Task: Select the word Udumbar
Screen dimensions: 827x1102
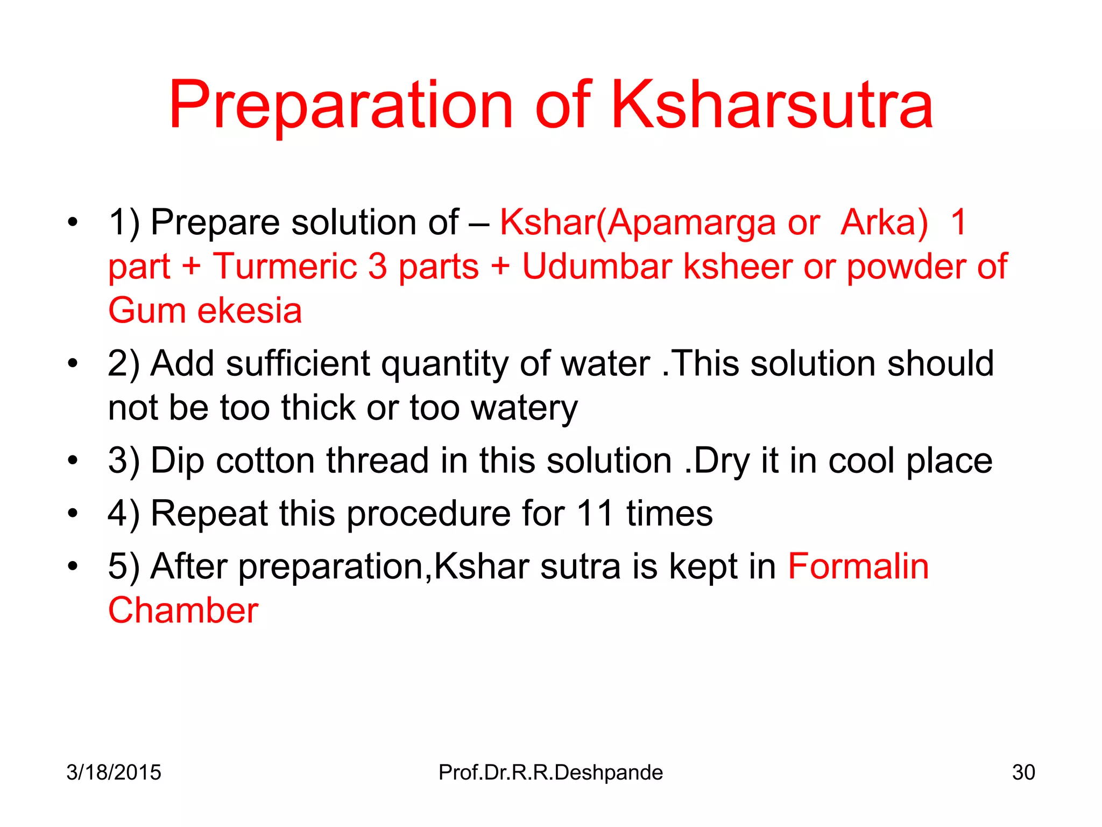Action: [597, 266]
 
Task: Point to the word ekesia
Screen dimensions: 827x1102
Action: [250, 311]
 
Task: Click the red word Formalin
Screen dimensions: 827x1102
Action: [858, 566]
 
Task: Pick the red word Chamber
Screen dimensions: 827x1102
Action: [183, 611]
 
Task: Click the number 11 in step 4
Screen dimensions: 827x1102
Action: [595, 513]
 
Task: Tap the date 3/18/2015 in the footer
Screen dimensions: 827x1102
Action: [114, 772]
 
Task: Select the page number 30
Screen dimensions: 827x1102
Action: [1023, 772]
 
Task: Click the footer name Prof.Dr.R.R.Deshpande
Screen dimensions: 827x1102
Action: [550, 772]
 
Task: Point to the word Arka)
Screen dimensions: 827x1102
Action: [884, 222]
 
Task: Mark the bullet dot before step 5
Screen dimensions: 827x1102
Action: [73, 566]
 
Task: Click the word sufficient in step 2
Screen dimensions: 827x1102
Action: [298, 363]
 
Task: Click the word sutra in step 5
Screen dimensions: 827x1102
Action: [581, 566]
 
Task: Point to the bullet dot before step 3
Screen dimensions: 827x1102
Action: [73, 461]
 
